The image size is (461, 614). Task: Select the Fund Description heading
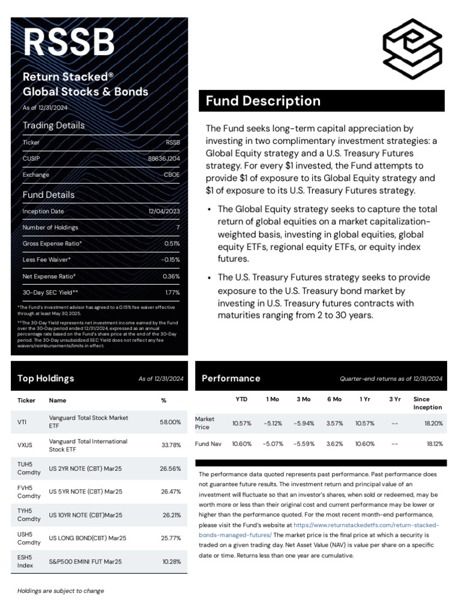[x=263, y=101]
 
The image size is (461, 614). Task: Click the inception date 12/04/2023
[x=164, y=212]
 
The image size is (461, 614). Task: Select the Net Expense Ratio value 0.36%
[x=171, y=276]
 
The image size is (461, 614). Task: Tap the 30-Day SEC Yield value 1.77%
[x=172, y=293]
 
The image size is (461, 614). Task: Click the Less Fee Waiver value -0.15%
[x=170, y=260]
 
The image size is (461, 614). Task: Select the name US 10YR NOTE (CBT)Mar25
[x=85, y=515]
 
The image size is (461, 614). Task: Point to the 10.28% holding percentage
[x=171, y=562]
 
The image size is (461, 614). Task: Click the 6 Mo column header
[x=334, y=399]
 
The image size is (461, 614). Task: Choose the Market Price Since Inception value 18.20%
[x=433, y=423]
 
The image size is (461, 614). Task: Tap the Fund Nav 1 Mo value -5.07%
[x=273, y=444]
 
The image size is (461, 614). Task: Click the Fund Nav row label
[x=208, y=444]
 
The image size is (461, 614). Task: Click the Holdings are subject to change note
[x=60, y=591]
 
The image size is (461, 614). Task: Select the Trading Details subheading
[x=53, y=125]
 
